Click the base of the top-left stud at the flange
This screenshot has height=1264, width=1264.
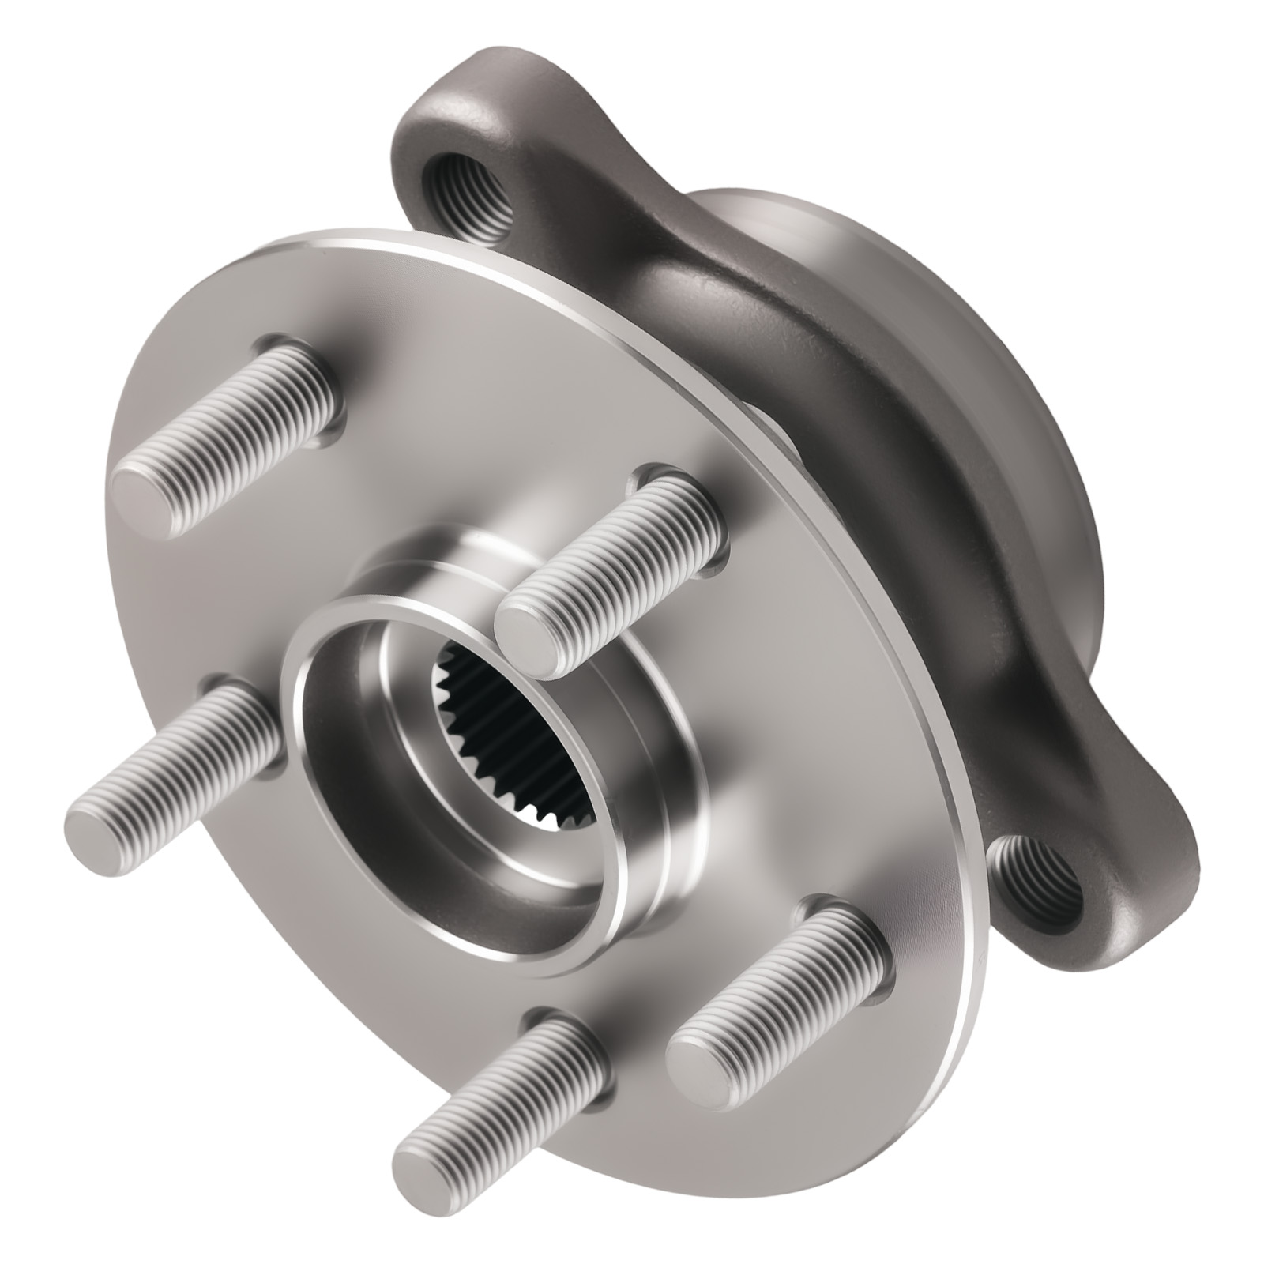click(x=308, y=379)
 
